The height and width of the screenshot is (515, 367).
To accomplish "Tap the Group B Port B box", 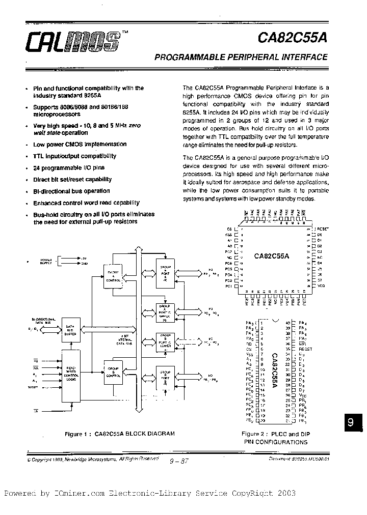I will (165, 379).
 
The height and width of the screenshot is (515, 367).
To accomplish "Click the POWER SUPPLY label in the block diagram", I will (47, 261).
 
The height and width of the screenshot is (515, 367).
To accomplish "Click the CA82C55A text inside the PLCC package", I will (272, 256).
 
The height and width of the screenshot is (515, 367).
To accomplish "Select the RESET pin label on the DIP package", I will (306, 350).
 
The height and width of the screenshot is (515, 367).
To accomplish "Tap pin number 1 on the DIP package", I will (261, 323).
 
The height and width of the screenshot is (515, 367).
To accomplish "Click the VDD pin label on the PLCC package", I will (320, 286).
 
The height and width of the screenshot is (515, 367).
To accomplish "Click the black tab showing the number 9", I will (350, 423).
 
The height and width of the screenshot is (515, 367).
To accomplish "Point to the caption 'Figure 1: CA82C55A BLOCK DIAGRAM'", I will (120, 434).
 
